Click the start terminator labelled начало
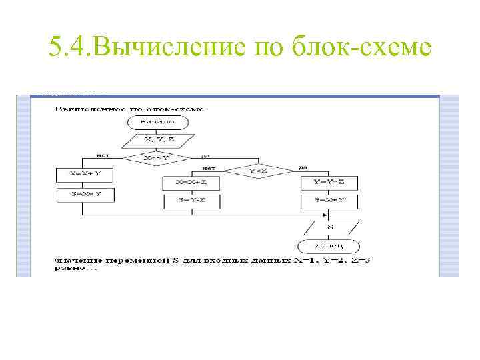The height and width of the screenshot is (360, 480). click(157, 123)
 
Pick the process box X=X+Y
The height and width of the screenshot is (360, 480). click(85, 175)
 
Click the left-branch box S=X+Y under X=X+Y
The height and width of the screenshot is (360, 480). click(85, 195)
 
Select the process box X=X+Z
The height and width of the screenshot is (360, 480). click(193, 183)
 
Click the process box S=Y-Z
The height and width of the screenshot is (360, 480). click(193, 201)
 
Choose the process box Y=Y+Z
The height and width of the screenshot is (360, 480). click(329, 183)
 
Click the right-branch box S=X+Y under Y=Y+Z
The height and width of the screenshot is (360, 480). click(329, 201)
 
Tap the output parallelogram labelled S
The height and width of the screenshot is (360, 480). click(329, 227)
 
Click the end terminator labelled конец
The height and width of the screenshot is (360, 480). click(329, 246)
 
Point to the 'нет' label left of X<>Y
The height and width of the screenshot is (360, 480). click(103, 155)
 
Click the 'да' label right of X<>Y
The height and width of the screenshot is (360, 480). click(204, 155)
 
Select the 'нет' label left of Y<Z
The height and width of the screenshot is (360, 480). click(208, 167)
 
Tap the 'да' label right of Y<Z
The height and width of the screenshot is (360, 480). click(303, 167)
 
